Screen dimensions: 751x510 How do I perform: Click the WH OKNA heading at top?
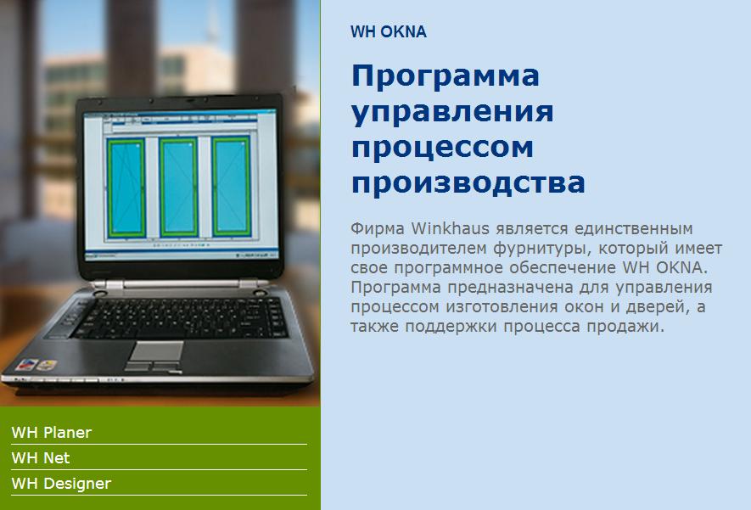(389, 31)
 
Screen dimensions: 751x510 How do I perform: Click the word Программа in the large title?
(446, 76)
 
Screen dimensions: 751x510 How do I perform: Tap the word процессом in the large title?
(443, 148)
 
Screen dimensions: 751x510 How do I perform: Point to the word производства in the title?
(468, 182)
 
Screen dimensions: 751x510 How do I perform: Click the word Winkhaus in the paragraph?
(450, 228)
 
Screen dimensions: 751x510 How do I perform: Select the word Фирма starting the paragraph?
(378, 228)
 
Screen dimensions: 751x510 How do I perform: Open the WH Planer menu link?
(51, 433)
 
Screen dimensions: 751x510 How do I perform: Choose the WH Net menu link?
(41, 457)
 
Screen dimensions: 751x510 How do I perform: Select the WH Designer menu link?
(61, 484)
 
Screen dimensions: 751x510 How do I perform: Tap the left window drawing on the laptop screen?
(126, 188)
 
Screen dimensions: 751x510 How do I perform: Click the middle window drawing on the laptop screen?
(179, 188)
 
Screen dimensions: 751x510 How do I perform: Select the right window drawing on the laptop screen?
(232, 187)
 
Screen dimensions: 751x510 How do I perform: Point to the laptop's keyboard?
(181, 318)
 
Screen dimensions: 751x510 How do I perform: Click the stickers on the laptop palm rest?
(36, 365)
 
